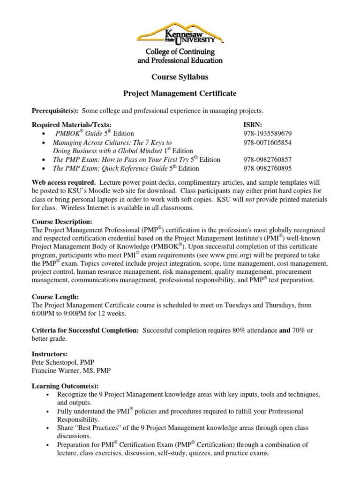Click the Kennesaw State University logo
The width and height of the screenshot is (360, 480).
click(x=180, y=42)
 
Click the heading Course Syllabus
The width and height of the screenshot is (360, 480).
click(x=180, y=76)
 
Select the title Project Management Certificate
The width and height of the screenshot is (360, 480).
click(x=180, y=94)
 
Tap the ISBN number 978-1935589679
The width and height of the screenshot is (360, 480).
click(x=267, y=133)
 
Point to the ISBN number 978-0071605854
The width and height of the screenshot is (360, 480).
click(x=267, y=142)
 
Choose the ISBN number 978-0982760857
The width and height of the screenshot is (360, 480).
click(x=267, y=160)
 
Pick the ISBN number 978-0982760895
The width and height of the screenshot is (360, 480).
click(x=267, y=168)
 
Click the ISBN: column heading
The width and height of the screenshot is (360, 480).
click(x=253, y=125)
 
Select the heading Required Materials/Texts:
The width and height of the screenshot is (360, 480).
click(x=72, y=125)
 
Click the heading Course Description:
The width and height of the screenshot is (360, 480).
click(x=62, y=221)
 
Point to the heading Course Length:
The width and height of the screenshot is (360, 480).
click(x=55, y=297)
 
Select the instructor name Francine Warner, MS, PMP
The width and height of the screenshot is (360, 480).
click(x=71, y=370)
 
